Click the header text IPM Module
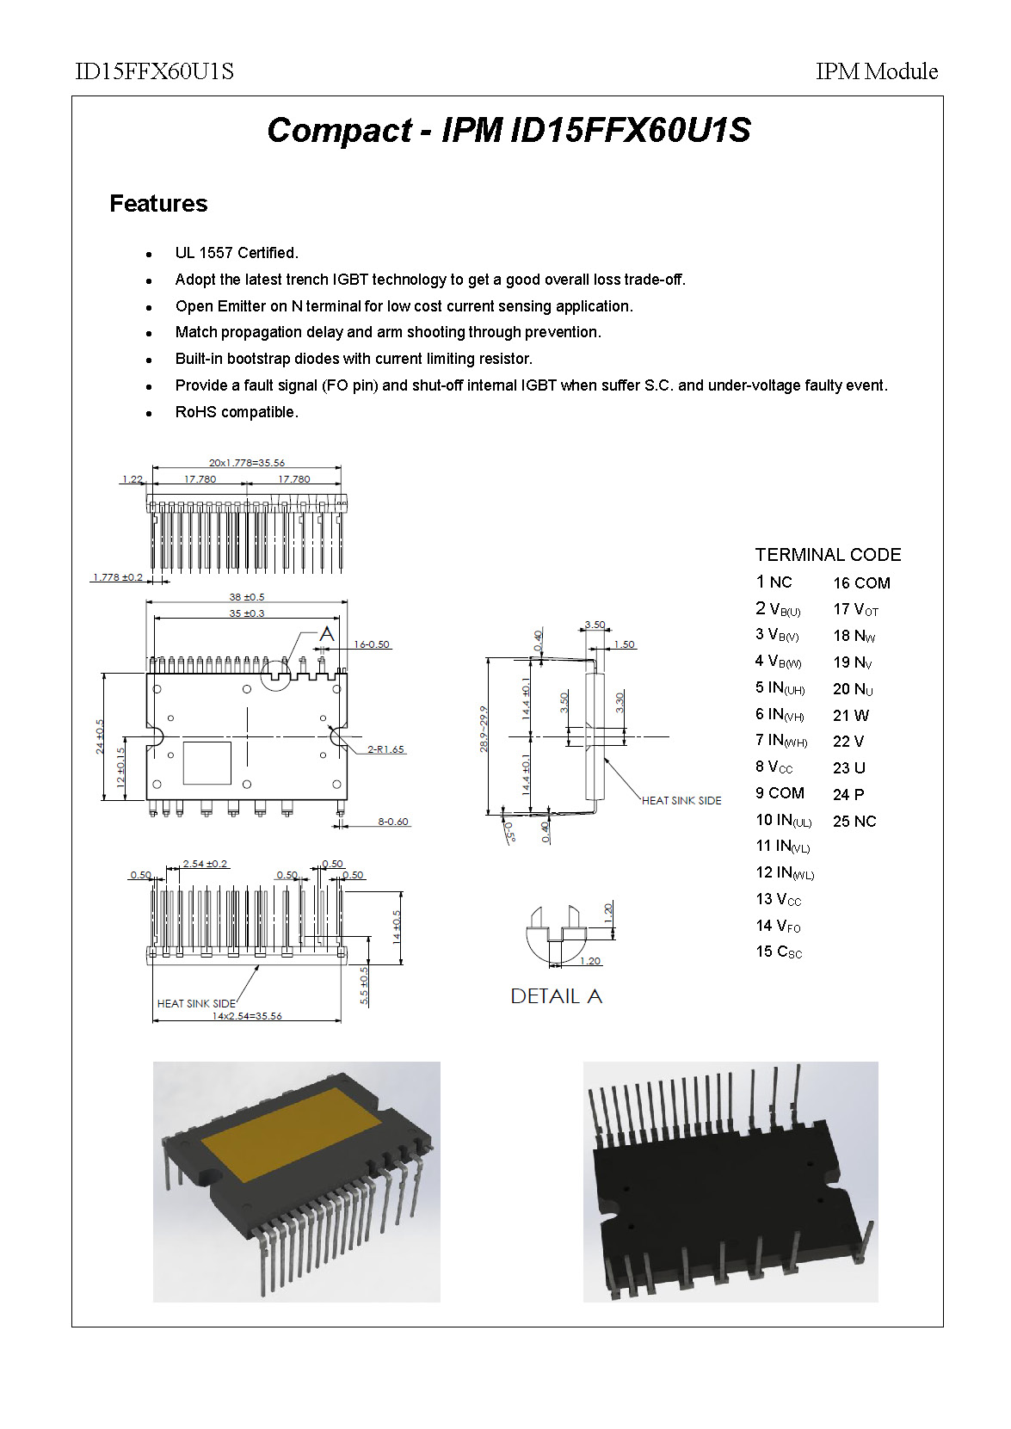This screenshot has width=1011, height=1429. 876,71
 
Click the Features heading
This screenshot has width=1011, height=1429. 158,204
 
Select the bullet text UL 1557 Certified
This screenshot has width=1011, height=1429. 237,253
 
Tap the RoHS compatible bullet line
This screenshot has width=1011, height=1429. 237,412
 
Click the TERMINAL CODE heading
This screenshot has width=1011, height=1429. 828,555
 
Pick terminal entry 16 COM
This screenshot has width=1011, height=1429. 861,583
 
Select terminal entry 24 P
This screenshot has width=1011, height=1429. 848,795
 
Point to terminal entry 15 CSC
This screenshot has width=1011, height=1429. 779,952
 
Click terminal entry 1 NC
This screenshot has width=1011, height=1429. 774,582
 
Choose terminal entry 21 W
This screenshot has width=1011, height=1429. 851,716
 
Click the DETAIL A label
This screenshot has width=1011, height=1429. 556,996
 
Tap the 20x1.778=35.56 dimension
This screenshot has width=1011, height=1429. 247,463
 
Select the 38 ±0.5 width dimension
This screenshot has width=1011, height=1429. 247,597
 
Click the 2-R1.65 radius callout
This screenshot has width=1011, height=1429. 385,749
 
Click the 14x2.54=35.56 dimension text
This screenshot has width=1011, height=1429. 247,1016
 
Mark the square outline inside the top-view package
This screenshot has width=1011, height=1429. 207,762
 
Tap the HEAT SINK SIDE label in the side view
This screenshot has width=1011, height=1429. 681,801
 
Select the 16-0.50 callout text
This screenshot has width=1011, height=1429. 372,644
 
